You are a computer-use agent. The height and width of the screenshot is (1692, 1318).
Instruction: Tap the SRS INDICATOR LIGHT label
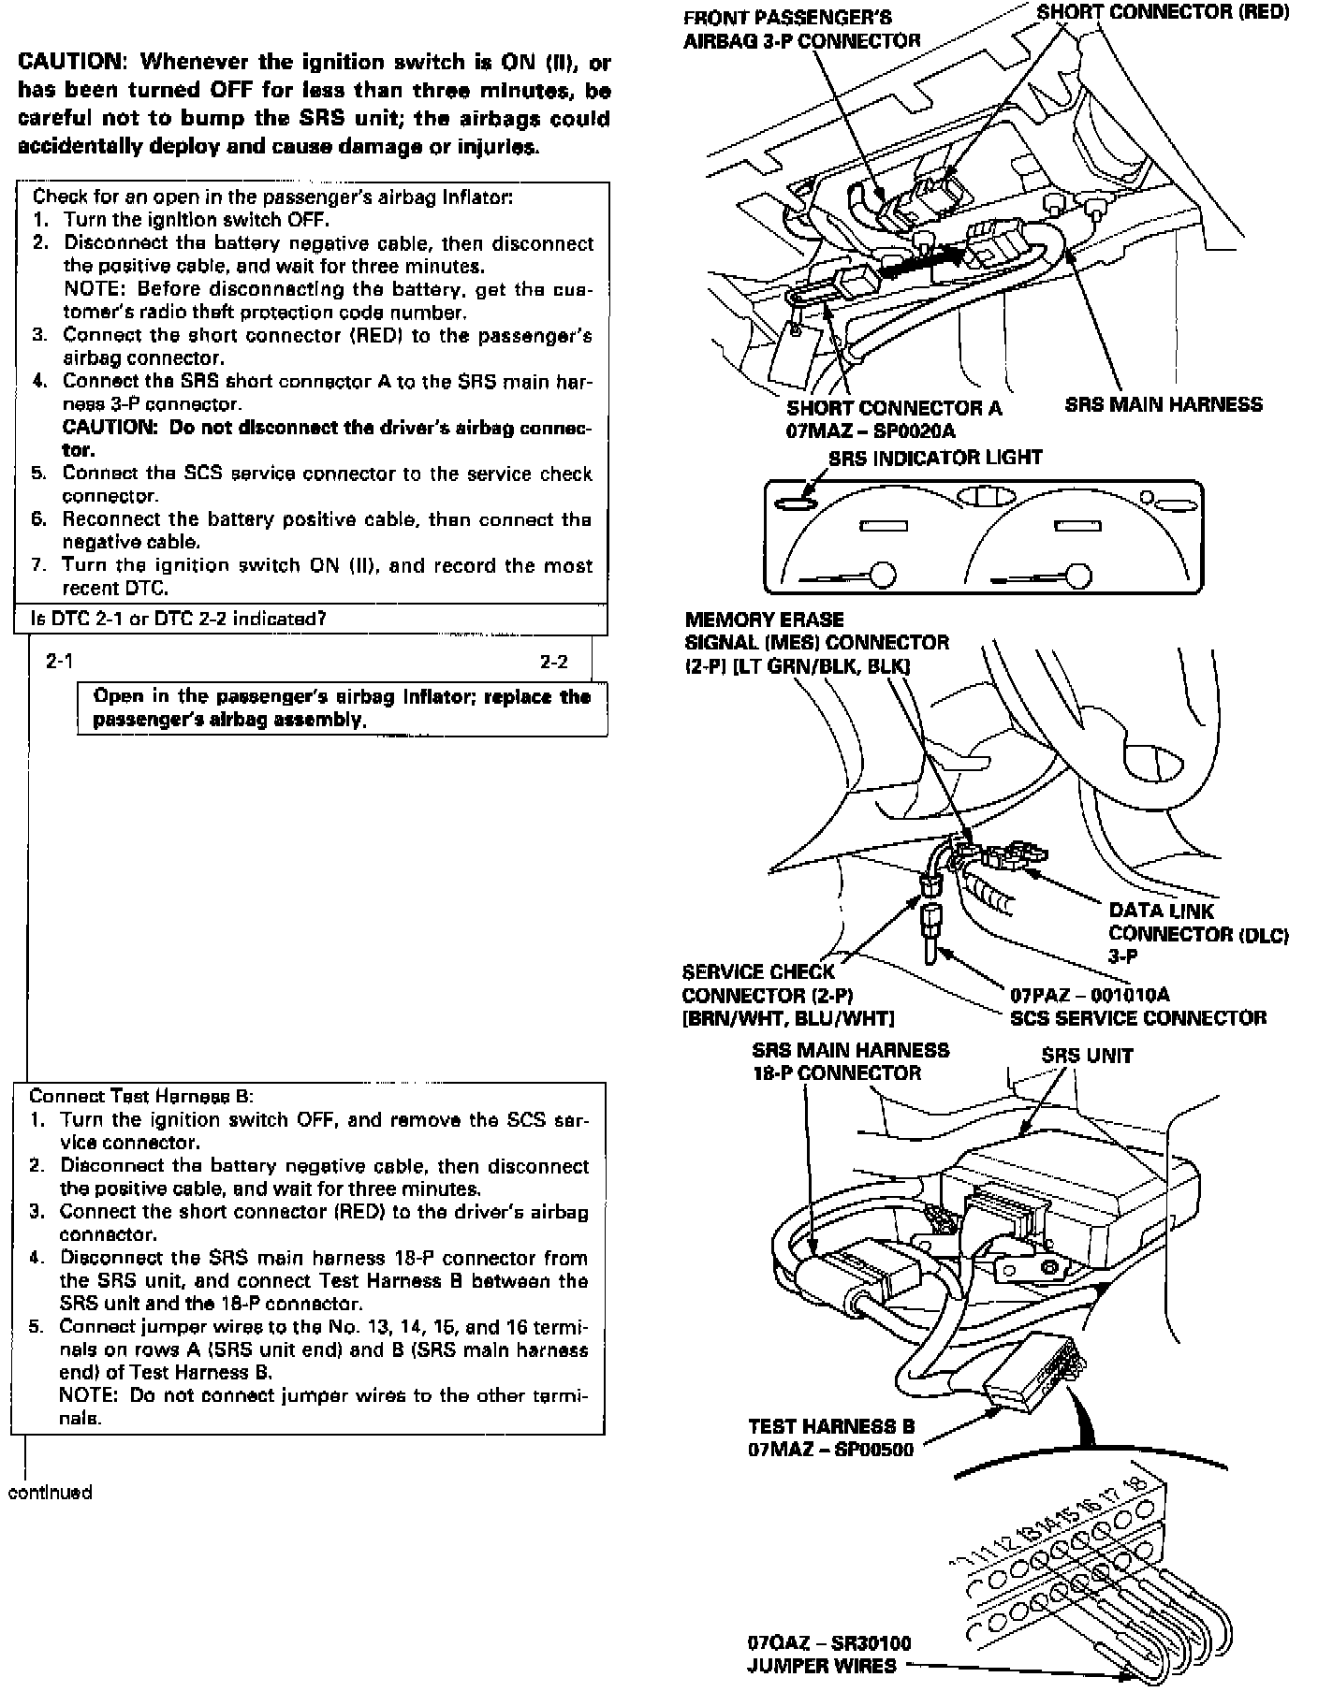click(x=934, y=458)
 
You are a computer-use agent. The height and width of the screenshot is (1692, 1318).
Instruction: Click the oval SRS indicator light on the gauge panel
click(x=796, y=504)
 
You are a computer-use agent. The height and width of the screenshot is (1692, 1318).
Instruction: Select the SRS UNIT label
click(x=1087, y=1056)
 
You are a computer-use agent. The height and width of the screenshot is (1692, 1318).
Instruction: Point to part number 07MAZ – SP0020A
click(x=871, y=430)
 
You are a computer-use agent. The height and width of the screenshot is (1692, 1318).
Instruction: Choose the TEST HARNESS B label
click(x=831, y=1426)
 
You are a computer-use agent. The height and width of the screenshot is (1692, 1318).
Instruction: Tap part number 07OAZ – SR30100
click(x=829, y=1642)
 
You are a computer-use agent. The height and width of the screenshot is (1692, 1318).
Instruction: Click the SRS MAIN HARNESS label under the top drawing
click(x=1164, y=405)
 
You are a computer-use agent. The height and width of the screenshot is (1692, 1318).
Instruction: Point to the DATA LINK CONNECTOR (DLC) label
click(x=1198, y=922)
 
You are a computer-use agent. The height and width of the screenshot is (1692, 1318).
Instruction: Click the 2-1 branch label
click(x=59, y=662)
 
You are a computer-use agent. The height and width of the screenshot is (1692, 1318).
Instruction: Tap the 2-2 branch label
click(x=554, y=662)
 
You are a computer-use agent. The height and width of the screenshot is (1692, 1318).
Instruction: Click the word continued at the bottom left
click(x=50, y=1492)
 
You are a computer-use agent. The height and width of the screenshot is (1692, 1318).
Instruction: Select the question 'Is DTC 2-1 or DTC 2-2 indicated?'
click(x=178, y=619)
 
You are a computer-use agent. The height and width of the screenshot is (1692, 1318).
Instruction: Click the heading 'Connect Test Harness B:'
click(x=141, y=1096)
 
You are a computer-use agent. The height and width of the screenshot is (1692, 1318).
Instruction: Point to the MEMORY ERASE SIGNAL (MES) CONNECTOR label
click(x=816, y=642)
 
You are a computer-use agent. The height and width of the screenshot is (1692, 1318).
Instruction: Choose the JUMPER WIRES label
click(x=821, y=1666)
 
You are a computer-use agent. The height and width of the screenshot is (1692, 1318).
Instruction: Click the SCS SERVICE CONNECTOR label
click(x=1138, y=1018)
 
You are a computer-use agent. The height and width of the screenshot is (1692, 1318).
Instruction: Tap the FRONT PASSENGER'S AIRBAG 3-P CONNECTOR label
click(x=801, y=29)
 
